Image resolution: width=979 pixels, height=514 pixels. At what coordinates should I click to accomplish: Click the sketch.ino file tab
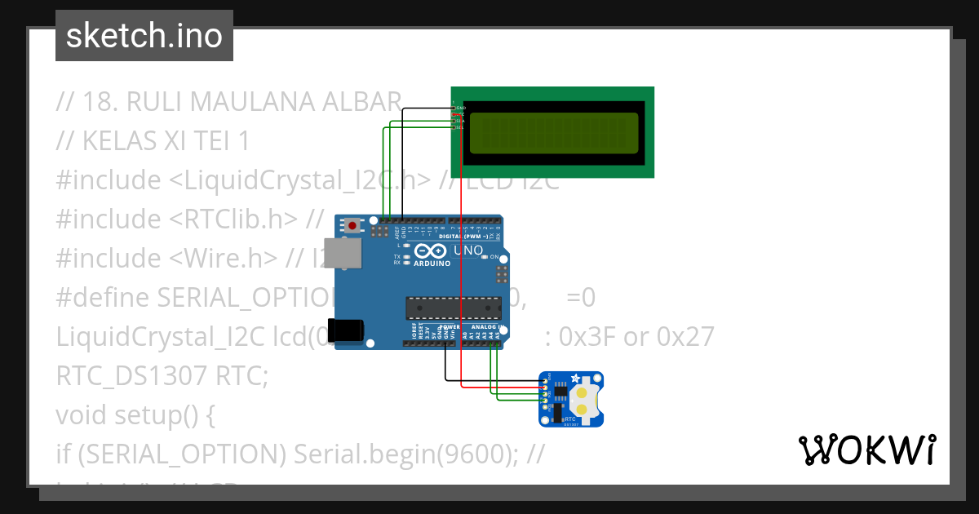[x=144, y=36]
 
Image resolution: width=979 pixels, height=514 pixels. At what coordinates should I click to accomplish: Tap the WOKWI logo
[x=866, y=450]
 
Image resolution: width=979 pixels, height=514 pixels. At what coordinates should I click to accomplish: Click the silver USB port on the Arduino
[x=341, y=255]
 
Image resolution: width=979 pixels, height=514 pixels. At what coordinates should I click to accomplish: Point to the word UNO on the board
[x=467, y=250]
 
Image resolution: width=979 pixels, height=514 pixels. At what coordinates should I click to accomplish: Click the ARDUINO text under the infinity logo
[x=432, y=264]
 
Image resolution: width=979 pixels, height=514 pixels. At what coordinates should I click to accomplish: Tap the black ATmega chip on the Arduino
[x=454, y=308]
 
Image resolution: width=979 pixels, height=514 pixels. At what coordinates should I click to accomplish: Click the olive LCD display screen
[x=554, y=131]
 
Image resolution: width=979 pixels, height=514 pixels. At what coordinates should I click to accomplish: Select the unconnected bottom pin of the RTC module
[x=544, y=407]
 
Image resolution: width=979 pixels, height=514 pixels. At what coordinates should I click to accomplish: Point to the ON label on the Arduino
[x=494, y=257]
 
